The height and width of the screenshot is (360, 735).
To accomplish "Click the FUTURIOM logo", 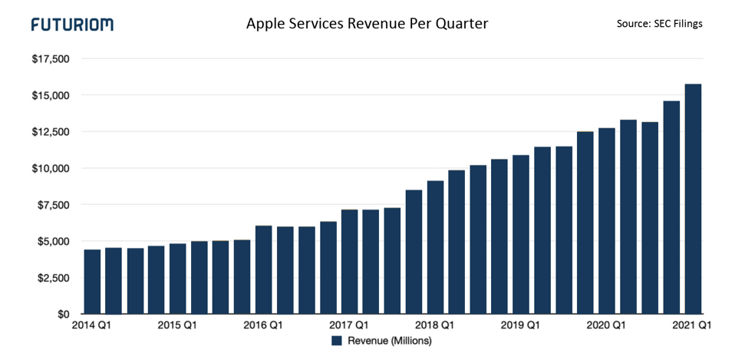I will click(x=72, y=25).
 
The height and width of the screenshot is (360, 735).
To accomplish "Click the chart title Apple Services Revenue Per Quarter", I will click(x=367, y=24).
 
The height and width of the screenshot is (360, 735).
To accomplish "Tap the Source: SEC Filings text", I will click(x=659, y=24).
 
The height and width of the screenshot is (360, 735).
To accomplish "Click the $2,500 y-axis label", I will click(x=52, y=278).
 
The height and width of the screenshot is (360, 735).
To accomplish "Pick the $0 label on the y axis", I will click(x=61, y=314).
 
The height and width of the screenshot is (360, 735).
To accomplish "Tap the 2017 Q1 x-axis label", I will click(x=350, y=325).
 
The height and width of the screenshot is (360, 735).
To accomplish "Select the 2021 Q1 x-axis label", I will click(x=694, y=325).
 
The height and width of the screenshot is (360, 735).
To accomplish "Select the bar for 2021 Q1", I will click(x=694, y=200).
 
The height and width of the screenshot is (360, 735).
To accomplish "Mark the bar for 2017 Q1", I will click(x=350, y=262).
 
